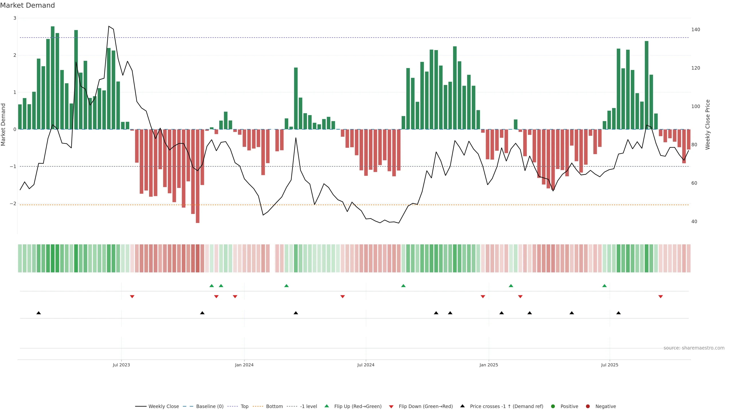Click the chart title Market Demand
27,5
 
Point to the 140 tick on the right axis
696,30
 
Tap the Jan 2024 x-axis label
244,365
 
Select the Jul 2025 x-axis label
610,365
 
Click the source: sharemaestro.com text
694,348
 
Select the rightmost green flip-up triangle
604,286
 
